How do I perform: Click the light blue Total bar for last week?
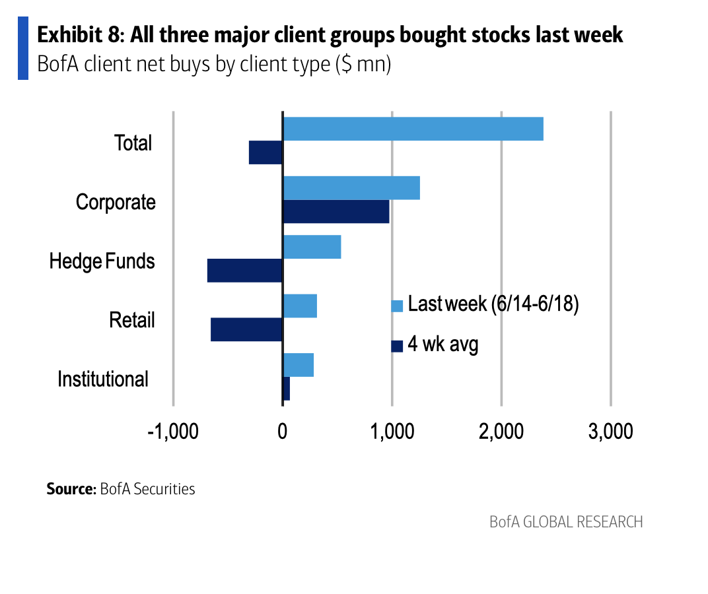[x=413, y=129]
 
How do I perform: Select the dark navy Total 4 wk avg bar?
[x=265, y=153]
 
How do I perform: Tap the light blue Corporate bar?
[x=351, y=188]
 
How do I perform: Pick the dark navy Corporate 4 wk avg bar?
[x=336, y=212]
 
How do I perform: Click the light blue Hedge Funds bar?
[x=312, y=247]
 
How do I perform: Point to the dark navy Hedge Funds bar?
[x=245, y=271]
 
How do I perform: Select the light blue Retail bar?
[x=300, y=306]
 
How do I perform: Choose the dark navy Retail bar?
[x=246, y=329]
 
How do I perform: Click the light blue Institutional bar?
[x=298, y=364]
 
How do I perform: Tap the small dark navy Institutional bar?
[x=287, y=389]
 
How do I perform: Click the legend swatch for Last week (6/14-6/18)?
[x=397, y=306]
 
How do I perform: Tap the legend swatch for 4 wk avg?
[x=397, y=346]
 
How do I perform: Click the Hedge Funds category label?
[x=102, y=261]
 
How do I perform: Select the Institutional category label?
[x=103, y=379]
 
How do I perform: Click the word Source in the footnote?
[x=71, y=489]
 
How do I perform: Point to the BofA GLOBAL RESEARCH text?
[x=566, y=522]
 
